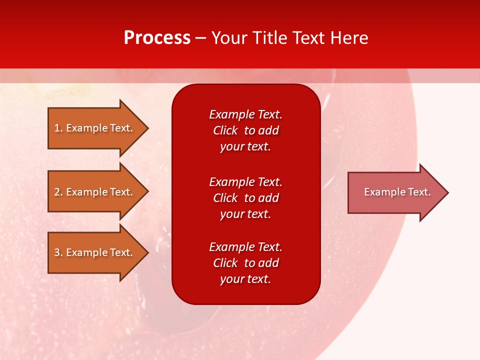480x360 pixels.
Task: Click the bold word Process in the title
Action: (157, 38)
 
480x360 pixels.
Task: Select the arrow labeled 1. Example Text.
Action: (93, 128)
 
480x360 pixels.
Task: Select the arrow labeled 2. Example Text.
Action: (93, 192)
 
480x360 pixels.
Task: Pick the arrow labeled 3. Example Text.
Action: (93, 252)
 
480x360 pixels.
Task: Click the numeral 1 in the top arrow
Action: (57, 128)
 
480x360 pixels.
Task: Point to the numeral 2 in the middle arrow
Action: (57, 192)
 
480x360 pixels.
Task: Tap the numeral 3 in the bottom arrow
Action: (57, 252)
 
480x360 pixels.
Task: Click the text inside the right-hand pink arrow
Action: (397, 192)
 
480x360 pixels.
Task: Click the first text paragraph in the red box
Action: (245, 130)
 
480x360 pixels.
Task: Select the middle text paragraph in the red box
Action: (245, 198)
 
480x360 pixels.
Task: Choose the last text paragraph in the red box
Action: (245, 263)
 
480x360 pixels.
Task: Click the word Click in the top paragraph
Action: (225, 130)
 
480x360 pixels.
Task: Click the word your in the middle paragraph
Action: (231, 214)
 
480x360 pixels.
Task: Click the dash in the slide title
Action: (201, 38)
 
